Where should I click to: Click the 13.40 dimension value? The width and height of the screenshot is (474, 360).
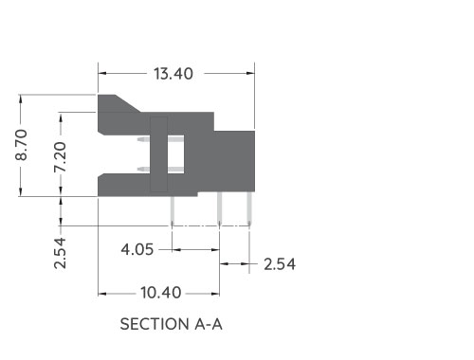[175, 73]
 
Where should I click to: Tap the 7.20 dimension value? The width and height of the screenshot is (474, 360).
[60, 155]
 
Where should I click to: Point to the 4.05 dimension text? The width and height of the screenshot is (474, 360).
[137, 250]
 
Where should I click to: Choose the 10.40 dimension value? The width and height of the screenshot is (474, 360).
[159, 293]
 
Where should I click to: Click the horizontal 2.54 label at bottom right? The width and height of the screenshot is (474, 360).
[280, 263]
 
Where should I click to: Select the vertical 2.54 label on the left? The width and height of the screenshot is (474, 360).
[60, 253]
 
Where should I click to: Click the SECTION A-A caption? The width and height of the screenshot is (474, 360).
[172, 324]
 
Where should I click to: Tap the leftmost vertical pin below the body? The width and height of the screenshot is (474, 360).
[173, 209]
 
